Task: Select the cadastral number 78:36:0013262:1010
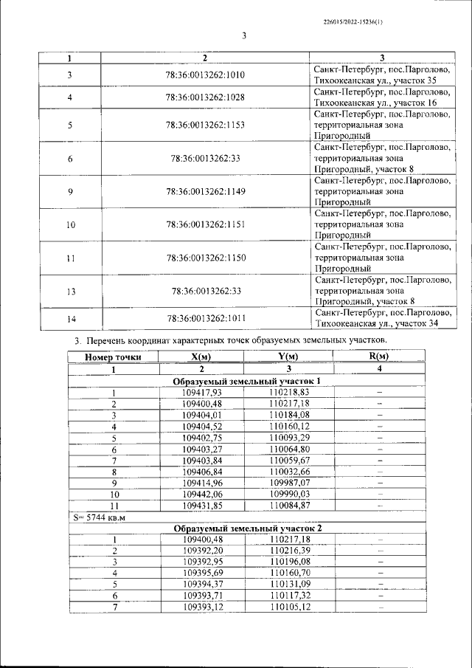point(206,75)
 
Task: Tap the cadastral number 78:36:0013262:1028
point(206,97)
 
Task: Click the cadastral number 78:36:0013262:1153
point(206,125)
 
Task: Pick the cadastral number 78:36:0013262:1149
point(206,191)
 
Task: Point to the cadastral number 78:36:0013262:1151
point(206,224)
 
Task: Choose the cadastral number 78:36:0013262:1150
point(206,258)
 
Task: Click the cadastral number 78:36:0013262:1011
point(206,318)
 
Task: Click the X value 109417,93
point(201,393)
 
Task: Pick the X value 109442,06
point(201,494)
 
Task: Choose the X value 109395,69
point(201,573)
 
